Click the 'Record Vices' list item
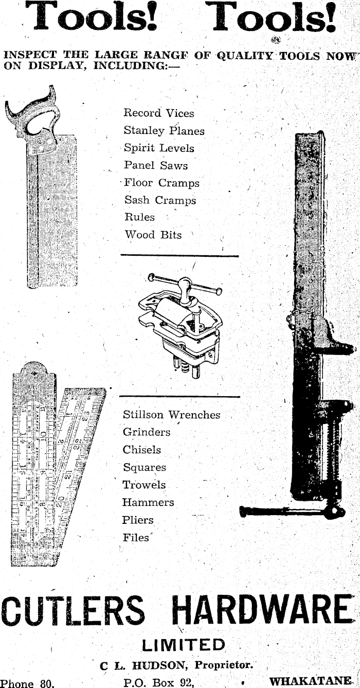[x=158, y=113]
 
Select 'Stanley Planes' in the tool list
[x=164, y=131]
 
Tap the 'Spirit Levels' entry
[x=159, y=148]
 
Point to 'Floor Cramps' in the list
[x=161, y=183]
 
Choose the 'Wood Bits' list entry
[x=153, y=235]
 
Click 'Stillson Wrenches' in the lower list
[x=171, y=415]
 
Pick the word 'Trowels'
[x=144, y=485]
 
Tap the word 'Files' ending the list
[x=136, y=538]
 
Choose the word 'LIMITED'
[x=183, y=645]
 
